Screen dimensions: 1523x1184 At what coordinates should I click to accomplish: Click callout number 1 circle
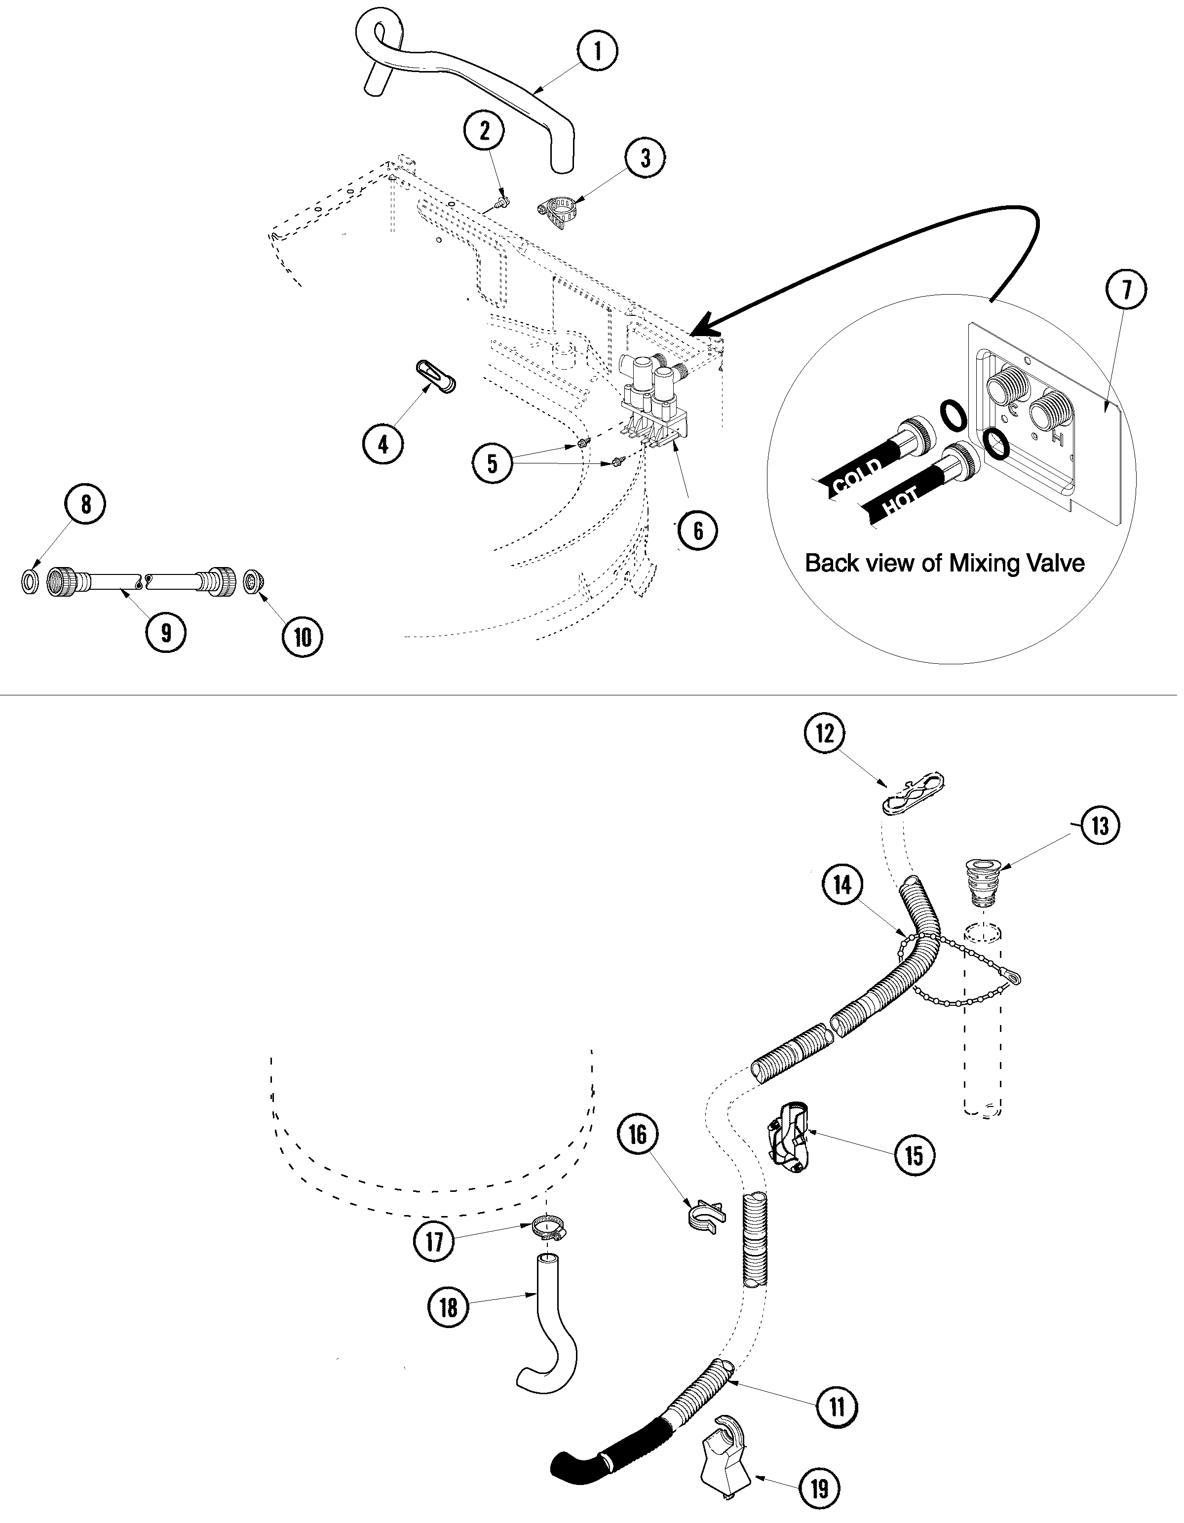pyautogui.click(x=598, y=50)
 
